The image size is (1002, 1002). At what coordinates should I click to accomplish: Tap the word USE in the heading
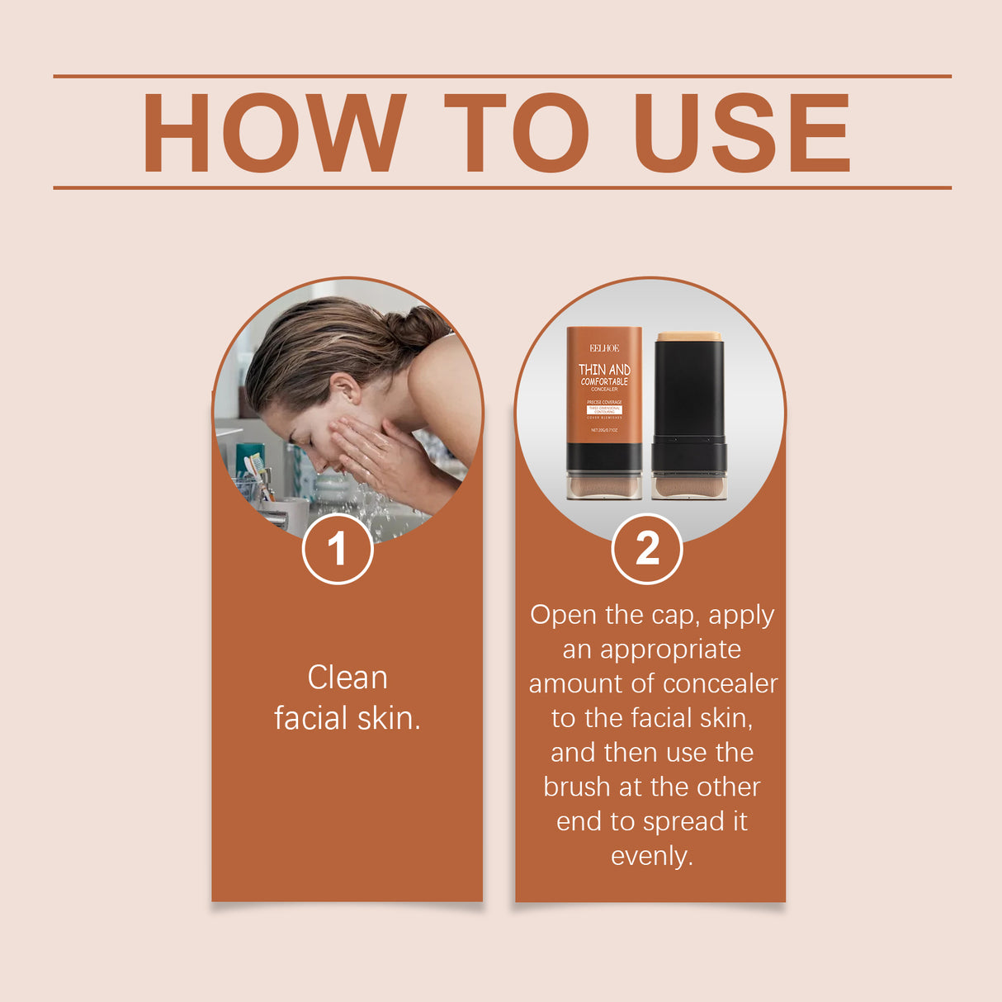740,133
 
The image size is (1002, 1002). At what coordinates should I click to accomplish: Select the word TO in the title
516,133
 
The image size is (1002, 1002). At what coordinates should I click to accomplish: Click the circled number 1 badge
338,549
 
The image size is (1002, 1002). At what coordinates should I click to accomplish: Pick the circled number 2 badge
647,549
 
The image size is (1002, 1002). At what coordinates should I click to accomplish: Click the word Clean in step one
347,678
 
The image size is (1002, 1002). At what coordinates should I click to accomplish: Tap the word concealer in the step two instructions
720,683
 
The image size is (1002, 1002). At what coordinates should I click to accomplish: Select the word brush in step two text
577,787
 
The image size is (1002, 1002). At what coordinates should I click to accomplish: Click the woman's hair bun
419,325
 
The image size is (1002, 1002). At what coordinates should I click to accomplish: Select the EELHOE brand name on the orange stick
604,348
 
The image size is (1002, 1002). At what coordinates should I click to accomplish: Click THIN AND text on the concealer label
604,369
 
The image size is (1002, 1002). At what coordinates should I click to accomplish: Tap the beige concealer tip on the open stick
689,337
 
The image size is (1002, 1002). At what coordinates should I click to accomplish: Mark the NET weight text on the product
604,430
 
